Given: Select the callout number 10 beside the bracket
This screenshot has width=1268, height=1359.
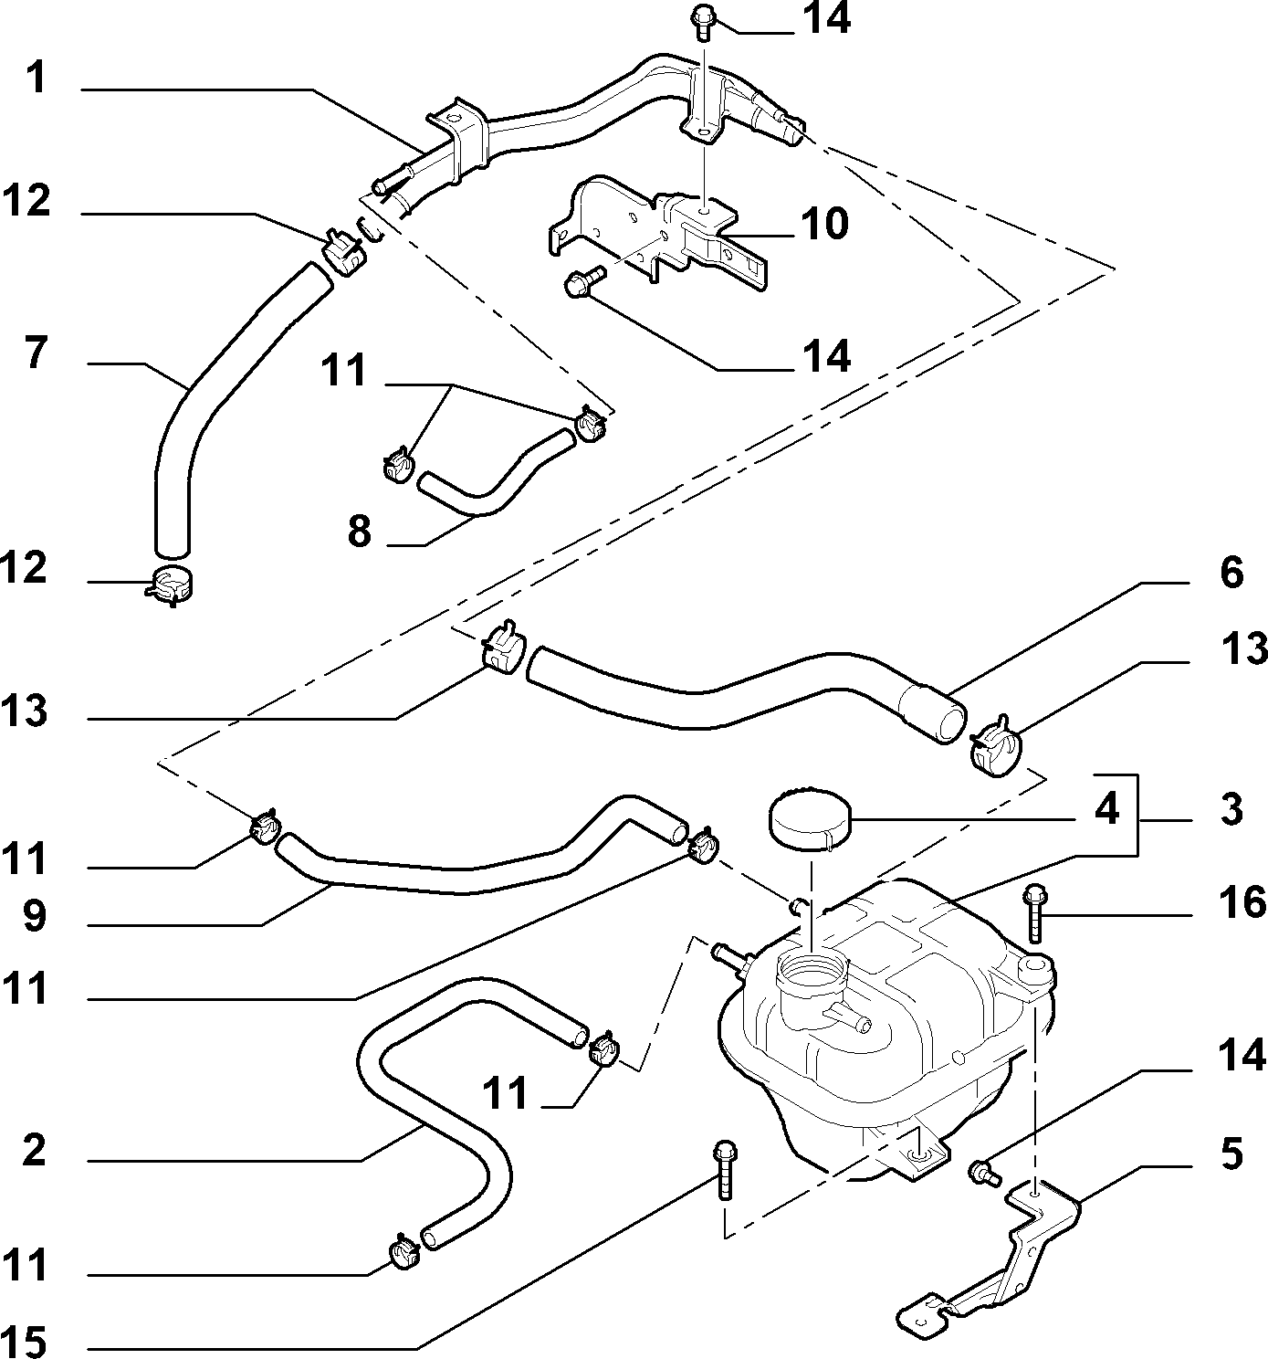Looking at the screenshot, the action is click(x=824, y=223).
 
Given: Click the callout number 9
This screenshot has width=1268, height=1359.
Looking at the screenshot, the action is click(x=34, y=916).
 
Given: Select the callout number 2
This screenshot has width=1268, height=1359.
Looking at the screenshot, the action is click(x=34, y=1149).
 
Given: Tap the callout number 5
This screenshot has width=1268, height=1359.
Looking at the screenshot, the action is click(x=1231, y=1154).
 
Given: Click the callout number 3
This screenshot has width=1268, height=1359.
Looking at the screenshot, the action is click(x=1231, y=809).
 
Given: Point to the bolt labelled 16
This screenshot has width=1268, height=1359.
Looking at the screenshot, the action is click(x=1033, y=914).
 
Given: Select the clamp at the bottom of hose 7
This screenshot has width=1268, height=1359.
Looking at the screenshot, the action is click(x=168, y=585).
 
